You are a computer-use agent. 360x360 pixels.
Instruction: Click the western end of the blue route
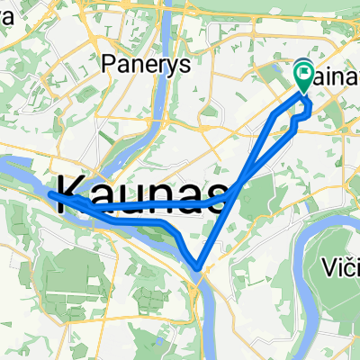49,193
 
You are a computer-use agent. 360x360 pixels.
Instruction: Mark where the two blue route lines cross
234,192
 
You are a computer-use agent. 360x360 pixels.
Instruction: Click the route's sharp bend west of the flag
274,115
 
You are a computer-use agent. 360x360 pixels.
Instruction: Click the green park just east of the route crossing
260,193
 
